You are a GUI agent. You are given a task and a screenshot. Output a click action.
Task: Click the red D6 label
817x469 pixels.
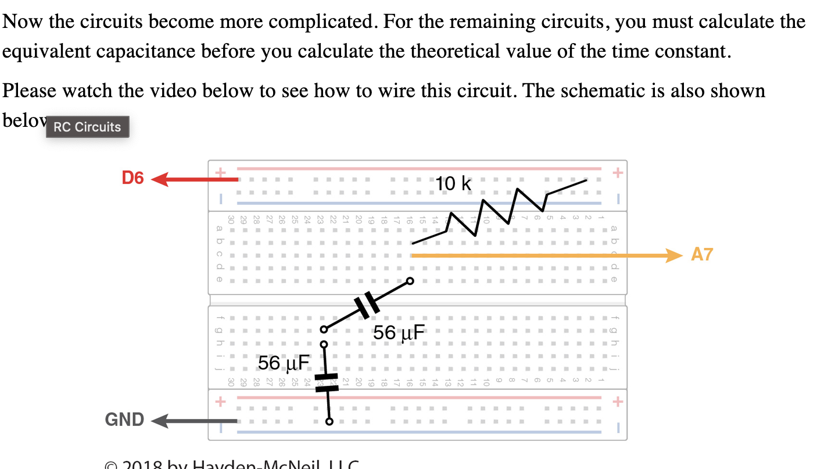[132, 178]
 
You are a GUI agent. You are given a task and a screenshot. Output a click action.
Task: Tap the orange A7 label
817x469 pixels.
[701, 254]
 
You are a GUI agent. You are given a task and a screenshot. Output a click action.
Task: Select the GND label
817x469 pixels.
[124, 420]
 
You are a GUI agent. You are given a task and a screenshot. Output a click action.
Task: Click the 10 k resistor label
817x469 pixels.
[454, 184]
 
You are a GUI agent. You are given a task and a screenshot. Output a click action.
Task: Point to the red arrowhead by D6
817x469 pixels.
[159, 179]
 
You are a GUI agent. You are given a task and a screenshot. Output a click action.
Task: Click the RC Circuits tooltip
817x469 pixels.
[87, 127]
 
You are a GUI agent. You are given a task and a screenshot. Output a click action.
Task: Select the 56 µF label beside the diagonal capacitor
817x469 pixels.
[399, 333]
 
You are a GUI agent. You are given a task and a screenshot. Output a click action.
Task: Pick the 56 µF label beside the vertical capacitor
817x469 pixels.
[284, 363]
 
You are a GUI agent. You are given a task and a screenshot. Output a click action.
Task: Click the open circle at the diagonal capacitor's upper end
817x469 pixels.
[410, 281]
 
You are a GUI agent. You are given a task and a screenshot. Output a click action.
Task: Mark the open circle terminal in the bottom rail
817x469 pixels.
[329, 422]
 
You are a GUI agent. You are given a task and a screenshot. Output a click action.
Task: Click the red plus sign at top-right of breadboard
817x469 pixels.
[618, 173]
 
